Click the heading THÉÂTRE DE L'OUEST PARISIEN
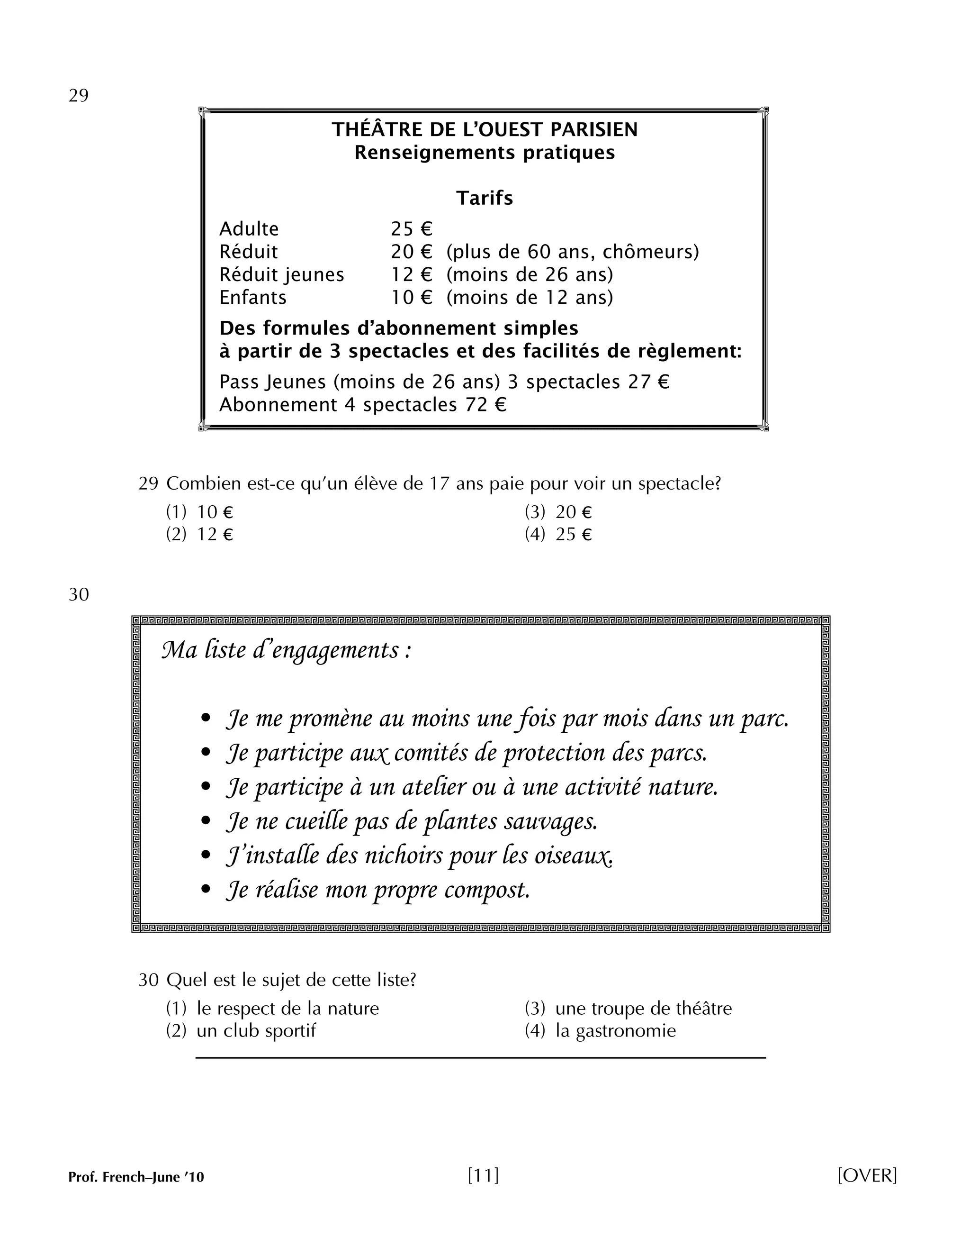pyautogui.click(x=485, y=130)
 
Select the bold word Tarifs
pyautogui.click(x=485, y=199)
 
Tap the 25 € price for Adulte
pyautogui.click(x=412, y=229)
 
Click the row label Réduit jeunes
pyautogui.click(x=282, y=275)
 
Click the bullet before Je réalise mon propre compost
pyautogui.click(x=206, y=890)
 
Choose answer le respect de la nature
pyautogui.click(x=287, y=1009)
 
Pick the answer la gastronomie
pyautogui.click(x=615, y=1030)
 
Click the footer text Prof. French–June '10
pyautogui.click(x=136, y=1177)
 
